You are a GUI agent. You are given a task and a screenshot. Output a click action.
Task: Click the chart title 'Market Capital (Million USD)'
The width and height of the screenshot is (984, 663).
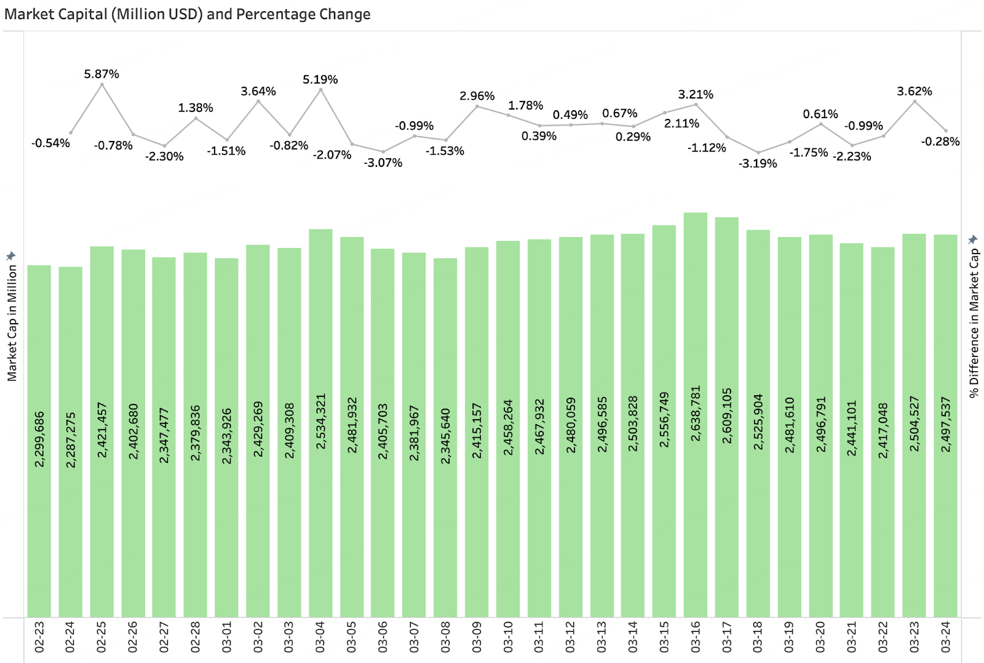click(x=187, y=14)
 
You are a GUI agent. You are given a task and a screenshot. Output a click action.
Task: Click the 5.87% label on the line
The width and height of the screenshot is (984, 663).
click(x=101, y=74)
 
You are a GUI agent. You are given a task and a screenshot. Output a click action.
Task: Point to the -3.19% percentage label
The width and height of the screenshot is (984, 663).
click(x=758, y=164)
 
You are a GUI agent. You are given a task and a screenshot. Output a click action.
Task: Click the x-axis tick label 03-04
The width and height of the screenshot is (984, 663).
click(x=320, y=637)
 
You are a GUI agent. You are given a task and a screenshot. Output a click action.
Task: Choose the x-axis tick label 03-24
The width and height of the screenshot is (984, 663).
click(x=945, y=637)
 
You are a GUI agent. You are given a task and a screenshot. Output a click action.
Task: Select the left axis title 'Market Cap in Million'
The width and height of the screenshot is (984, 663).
click(x=12, y=324)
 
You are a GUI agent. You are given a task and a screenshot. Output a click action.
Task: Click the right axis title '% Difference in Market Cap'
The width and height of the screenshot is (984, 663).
click(x=974, y=323)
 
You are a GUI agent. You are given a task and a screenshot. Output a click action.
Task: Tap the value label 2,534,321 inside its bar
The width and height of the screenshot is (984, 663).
click(x=320, y=422)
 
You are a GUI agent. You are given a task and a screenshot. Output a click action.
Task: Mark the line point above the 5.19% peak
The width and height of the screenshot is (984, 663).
click(x=320, y=90)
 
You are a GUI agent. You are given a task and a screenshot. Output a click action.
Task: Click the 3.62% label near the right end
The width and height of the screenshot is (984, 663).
click(x=914, y=92)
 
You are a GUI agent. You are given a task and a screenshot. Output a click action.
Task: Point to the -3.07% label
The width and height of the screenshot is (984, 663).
click(x=383, y=163)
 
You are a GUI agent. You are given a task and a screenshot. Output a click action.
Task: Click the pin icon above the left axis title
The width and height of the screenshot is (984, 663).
click(x=10, y=255)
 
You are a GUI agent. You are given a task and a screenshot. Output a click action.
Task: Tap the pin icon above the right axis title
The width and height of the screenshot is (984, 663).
click(x=973, y=239)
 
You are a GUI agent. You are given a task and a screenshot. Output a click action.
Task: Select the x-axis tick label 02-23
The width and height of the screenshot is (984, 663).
click(x=39, y=637)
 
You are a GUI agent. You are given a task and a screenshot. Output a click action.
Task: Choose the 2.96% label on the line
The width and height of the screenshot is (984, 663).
click(x=477, y=96)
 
